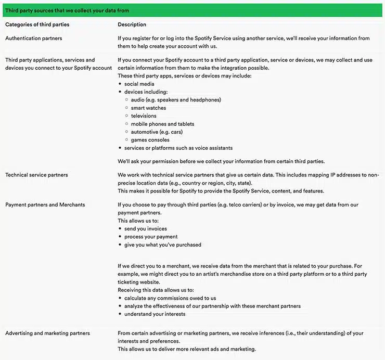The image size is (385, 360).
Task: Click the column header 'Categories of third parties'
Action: click(37, 24)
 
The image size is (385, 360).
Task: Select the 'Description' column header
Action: click(132, 24)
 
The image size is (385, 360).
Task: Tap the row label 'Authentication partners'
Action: click(33, 38)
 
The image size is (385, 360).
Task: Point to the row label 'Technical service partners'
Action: click(36, 175)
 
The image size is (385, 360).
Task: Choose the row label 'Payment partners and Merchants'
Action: click(45, 204)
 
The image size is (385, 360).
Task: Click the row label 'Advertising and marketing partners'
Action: click(47, 333)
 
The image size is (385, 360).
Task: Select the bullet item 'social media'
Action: click(139, 84)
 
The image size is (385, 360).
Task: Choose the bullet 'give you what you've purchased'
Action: click(162, 245)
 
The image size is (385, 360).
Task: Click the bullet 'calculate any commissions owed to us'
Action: click(170, 298)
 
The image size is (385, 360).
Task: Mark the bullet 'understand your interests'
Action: click(155, 314)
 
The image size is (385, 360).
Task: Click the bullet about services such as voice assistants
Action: click(178, 148)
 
